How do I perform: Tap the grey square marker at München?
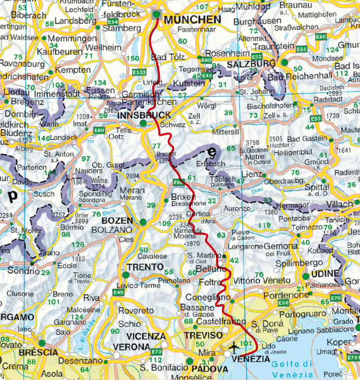[156, 14]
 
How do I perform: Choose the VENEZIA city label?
[251, 359]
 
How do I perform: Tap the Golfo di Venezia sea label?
[292, 369]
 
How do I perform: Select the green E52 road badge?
[257, 57]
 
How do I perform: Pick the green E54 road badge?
[113, 21]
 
